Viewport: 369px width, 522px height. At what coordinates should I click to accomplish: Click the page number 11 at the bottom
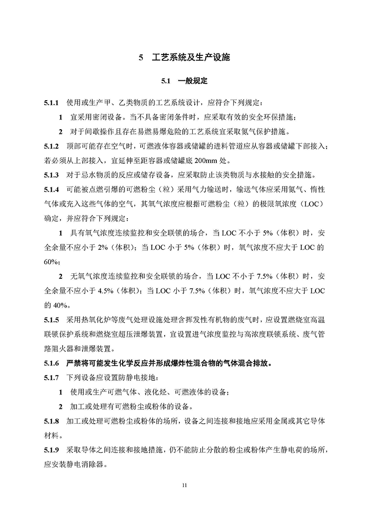point(184,486)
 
